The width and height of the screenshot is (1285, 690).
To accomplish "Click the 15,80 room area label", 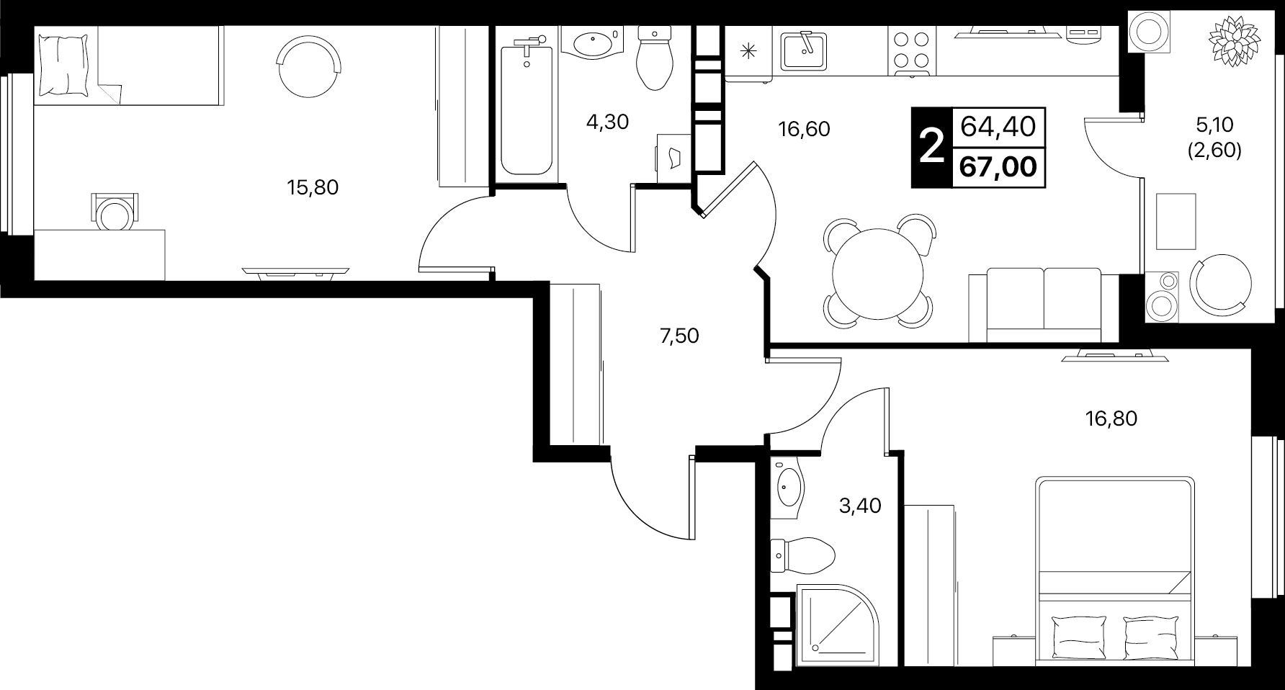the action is click(313, 188).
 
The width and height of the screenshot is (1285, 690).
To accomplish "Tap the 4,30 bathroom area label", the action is click(607, 122).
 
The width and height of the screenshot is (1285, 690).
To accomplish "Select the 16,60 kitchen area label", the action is click(804, 129).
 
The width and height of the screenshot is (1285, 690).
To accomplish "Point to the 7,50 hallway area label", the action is click(679, 336).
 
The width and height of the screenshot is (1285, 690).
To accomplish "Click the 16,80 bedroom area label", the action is click(1111, 418).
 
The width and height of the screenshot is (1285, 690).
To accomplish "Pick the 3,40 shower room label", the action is click(860, 506).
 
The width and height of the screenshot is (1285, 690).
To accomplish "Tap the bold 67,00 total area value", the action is click(998, 167).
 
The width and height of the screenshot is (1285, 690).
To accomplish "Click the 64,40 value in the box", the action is click(998, 127).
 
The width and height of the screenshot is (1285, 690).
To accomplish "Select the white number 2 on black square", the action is click(932, 148).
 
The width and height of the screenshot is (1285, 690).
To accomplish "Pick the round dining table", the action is click(877, 273).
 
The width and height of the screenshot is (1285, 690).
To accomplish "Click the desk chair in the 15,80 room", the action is click(114, 211).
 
